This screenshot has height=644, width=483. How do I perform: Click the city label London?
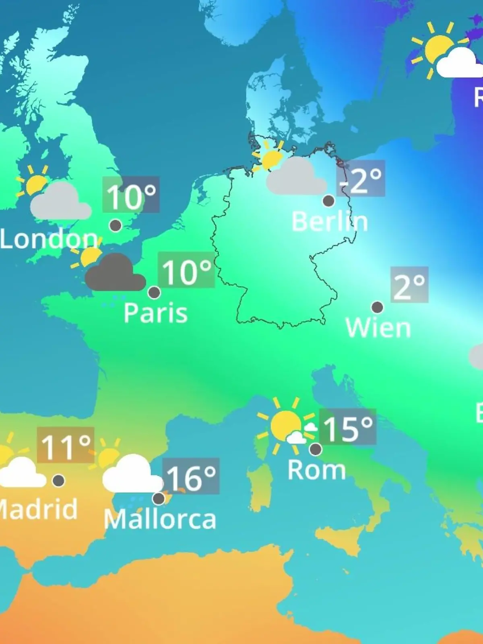click(x=48, y=239)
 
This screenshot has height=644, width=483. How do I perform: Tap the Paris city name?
click(x=155, y=313)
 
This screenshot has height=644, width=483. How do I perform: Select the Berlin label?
click(x=330, y=221)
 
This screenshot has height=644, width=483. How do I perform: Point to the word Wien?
click(x=378, y=328)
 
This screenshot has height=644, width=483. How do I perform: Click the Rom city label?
click(x=317, y=470)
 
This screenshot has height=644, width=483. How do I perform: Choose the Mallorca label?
click(x=160, y=519)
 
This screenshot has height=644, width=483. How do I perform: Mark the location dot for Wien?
click(x=377, y=308)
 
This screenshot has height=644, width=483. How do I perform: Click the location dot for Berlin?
click(x=328, y=200)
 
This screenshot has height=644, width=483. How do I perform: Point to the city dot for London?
click(x=116, y=225)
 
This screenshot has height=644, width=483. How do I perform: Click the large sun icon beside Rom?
click(x=285, y=425)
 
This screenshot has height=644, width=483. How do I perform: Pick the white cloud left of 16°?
click(x=131, y=475)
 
